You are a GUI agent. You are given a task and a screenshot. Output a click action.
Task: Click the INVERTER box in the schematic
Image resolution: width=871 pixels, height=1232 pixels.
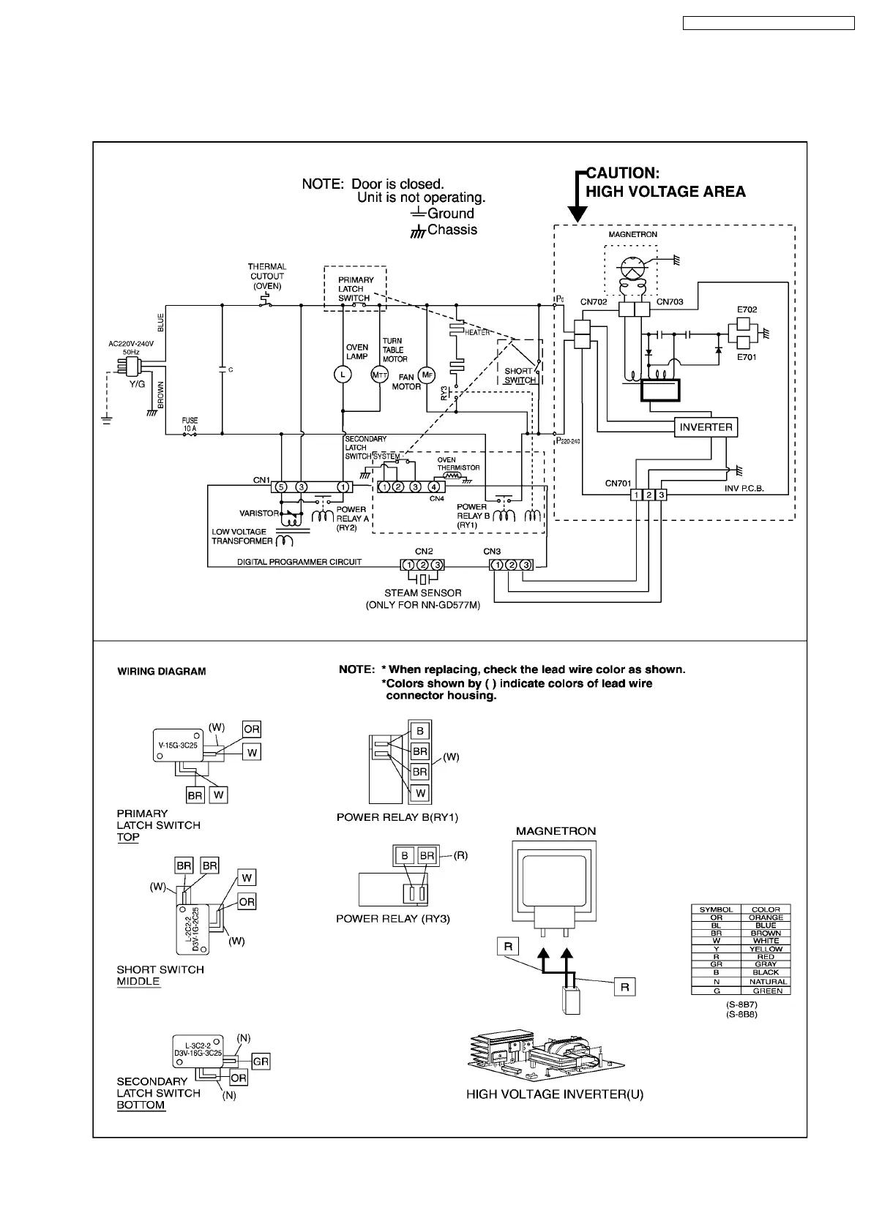706,427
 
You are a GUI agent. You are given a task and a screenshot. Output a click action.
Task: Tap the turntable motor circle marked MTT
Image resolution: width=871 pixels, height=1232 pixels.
379,375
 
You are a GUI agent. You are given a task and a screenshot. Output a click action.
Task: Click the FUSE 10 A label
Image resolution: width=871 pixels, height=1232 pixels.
190,424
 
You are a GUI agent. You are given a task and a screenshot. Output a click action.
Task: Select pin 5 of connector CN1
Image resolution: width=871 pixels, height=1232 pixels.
280,487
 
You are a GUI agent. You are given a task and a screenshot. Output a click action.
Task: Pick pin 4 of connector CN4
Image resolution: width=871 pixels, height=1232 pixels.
433,487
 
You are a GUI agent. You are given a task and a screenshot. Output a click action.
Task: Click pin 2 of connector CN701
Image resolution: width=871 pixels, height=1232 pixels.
648,495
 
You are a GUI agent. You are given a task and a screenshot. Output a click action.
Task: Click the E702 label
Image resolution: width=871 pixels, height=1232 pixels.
747,310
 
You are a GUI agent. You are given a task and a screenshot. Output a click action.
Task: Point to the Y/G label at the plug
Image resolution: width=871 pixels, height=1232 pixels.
137,383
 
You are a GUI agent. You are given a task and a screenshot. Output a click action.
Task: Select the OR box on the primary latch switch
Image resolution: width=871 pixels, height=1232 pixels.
252,729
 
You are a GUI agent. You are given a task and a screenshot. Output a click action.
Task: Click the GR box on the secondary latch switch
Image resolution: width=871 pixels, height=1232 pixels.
261,1062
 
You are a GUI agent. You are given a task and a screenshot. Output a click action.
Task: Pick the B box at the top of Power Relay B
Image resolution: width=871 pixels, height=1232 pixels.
420,731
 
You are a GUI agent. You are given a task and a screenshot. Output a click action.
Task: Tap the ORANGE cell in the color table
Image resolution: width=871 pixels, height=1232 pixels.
766,917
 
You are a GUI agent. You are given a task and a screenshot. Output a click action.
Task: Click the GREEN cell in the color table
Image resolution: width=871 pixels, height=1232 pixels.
766,991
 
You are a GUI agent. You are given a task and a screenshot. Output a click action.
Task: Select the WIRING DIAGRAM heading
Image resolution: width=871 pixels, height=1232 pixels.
162,672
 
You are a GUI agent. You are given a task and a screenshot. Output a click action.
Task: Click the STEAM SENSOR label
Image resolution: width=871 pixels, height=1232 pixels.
422,593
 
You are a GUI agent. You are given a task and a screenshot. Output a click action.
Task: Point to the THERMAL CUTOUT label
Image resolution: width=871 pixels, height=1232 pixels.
267,277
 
